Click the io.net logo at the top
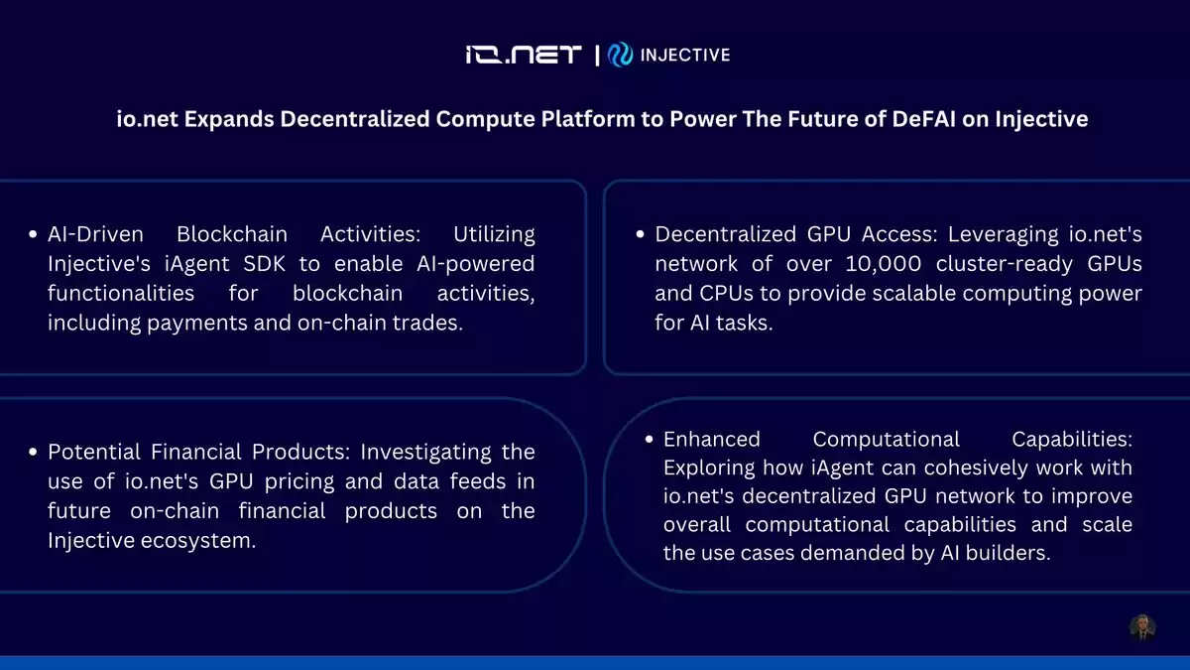[x=524, y=55]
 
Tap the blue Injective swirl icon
[x=620, y=55]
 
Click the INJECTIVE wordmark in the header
[x=685, y=55]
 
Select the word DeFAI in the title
[x=923, y=118]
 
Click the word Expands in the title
[x=229, y=118]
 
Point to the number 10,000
[x=883, y=264]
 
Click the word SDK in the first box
[x=264, y=264]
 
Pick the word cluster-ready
[x=1004, y=264]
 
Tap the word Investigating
[x=426, y=452]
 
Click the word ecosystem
[x=198, y=541]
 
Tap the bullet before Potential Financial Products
[x=33, y=452]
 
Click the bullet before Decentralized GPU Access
[x=641, y=234]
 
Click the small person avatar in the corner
[x=1142, y=628]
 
